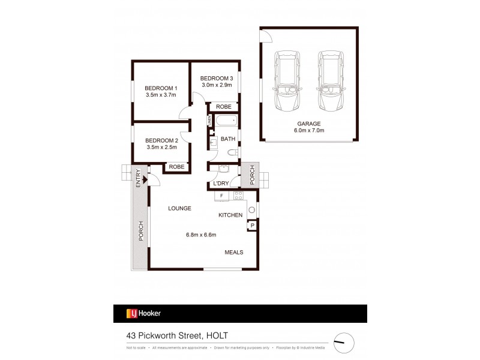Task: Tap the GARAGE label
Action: (308, 124)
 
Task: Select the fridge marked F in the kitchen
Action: (221, 196)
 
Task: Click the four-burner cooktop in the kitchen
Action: (238, 196)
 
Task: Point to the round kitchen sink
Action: (252, 210)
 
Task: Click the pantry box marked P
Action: (252, 226)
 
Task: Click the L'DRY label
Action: (220, 184)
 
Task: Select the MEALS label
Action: (234, 252)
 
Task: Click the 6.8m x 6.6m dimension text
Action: (201, 235)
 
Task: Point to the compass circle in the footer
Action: (344, 342)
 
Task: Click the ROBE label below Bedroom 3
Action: (223, 107)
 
